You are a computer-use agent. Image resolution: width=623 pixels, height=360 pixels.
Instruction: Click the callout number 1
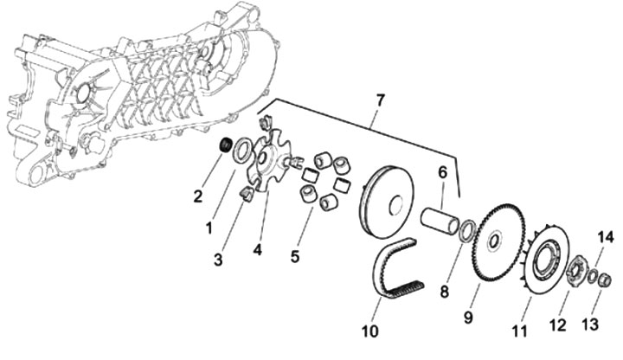[209, 228]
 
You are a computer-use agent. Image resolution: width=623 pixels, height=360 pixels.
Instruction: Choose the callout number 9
[467, 317]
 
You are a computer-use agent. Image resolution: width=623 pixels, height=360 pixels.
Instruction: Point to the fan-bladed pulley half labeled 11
[544, 252]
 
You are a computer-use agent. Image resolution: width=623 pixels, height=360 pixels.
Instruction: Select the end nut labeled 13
[605, 279]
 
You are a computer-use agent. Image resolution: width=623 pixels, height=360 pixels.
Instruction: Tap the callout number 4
[257, 251]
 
